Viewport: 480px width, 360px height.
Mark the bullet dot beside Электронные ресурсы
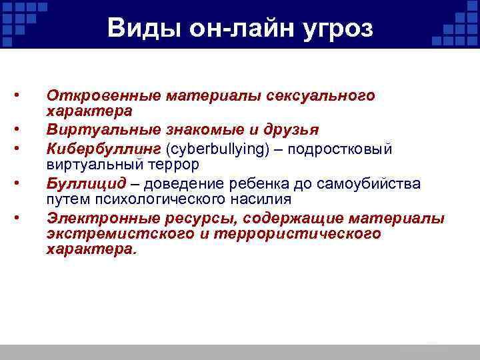[21, 217]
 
